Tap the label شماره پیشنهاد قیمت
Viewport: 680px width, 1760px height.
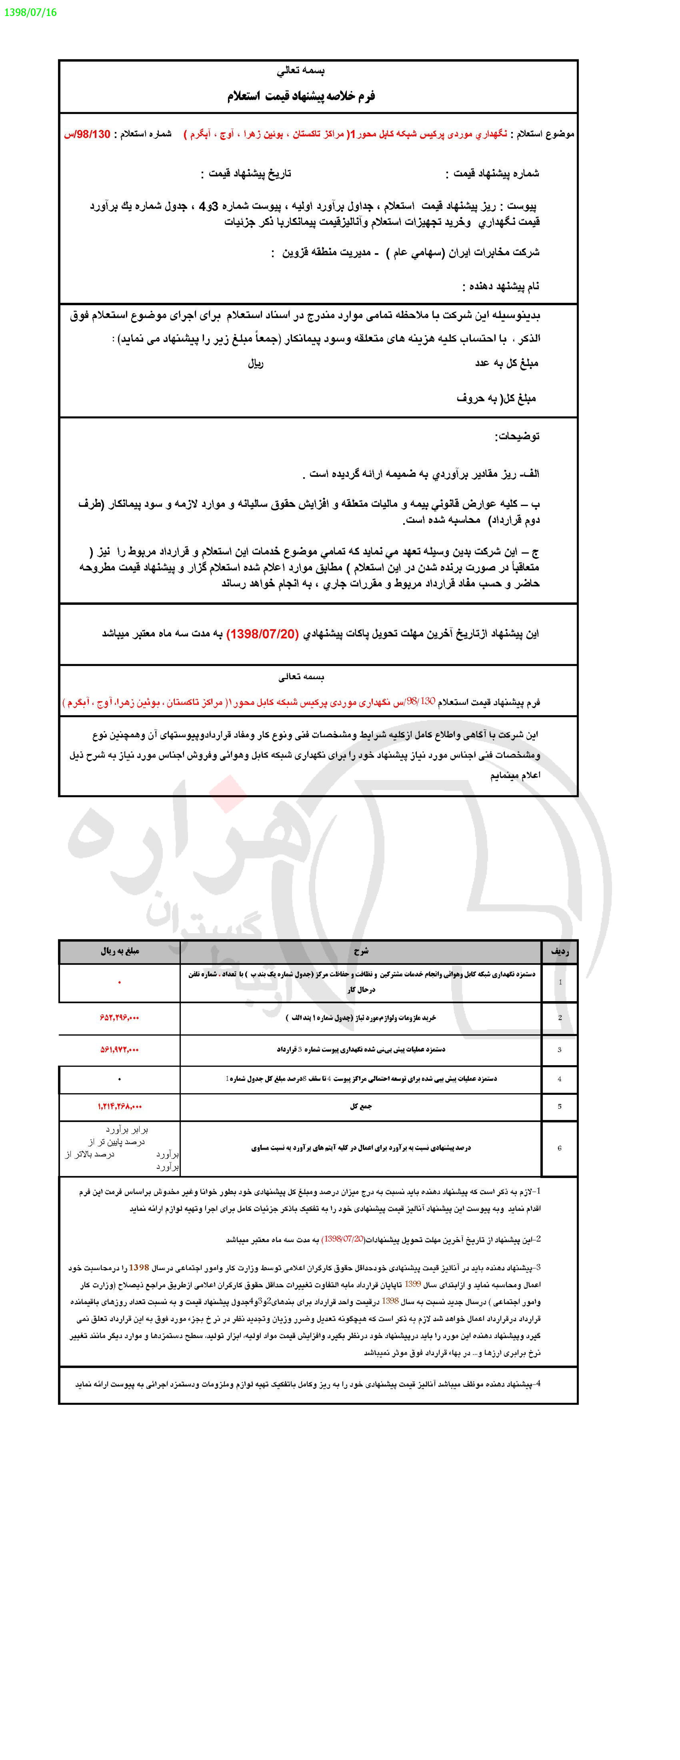(x=492, y=174)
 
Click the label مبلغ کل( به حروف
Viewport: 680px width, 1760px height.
(x=496, y=398)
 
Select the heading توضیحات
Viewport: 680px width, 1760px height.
(x=517, y=436)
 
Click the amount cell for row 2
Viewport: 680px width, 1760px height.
(x=120, y=1017)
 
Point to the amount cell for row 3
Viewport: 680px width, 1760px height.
(x=120, y=1049)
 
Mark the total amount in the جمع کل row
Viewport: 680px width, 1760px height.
(x=120, y=1106)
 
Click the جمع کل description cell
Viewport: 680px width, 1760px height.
(x=360, y=1106)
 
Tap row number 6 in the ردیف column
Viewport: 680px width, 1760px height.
(x=559, y=1148)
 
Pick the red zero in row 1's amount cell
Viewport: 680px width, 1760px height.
(x=120, y=982)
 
